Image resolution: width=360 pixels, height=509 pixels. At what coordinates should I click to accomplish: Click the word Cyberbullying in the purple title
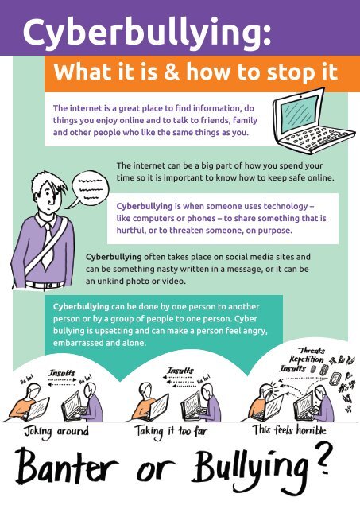146,33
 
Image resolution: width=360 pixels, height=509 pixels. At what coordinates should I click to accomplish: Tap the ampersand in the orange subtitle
171,72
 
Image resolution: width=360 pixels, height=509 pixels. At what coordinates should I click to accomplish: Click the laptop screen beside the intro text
298,114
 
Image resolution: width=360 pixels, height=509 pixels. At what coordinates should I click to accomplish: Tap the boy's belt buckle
49,286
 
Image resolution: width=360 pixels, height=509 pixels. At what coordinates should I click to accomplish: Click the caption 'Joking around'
56,432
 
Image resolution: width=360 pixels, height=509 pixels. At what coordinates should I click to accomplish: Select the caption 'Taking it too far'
171,432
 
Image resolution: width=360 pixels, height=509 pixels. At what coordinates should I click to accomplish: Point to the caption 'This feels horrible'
289,430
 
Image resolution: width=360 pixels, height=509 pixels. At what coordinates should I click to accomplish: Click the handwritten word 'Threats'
312,350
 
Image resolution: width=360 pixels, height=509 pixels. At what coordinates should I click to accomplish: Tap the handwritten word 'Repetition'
307,359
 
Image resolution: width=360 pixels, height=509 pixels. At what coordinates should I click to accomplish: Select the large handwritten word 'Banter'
67,468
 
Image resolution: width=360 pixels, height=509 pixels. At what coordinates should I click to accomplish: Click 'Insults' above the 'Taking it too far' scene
180,371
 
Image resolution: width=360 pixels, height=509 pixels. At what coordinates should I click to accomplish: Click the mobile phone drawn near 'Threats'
335,379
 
